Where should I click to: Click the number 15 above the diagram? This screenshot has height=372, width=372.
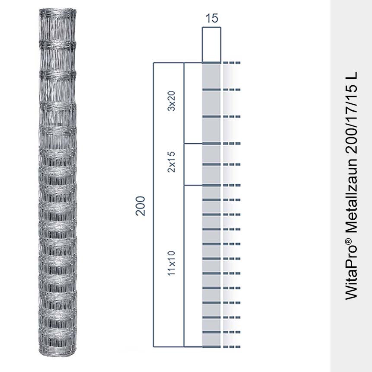point(212,18)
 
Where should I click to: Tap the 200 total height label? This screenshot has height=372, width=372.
point(140,206)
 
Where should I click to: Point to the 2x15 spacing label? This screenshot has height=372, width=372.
point(172,165)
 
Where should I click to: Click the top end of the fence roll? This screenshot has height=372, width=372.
point(58,10)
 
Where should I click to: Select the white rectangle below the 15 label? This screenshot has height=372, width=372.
point(212,45)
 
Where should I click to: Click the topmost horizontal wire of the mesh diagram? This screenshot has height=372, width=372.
point(212,63)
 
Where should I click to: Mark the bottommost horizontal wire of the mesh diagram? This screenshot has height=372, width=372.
point(212,346)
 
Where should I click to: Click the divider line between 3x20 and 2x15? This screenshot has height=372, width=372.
point(193,143)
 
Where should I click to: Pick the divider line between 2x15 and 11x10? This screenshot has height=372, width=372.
point(193,185)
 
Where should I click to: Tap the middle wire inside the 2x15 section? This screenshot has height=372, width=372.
point(212,164)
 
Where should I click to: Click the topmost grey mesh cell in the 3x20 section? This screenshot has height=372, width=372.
point(212,77)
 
